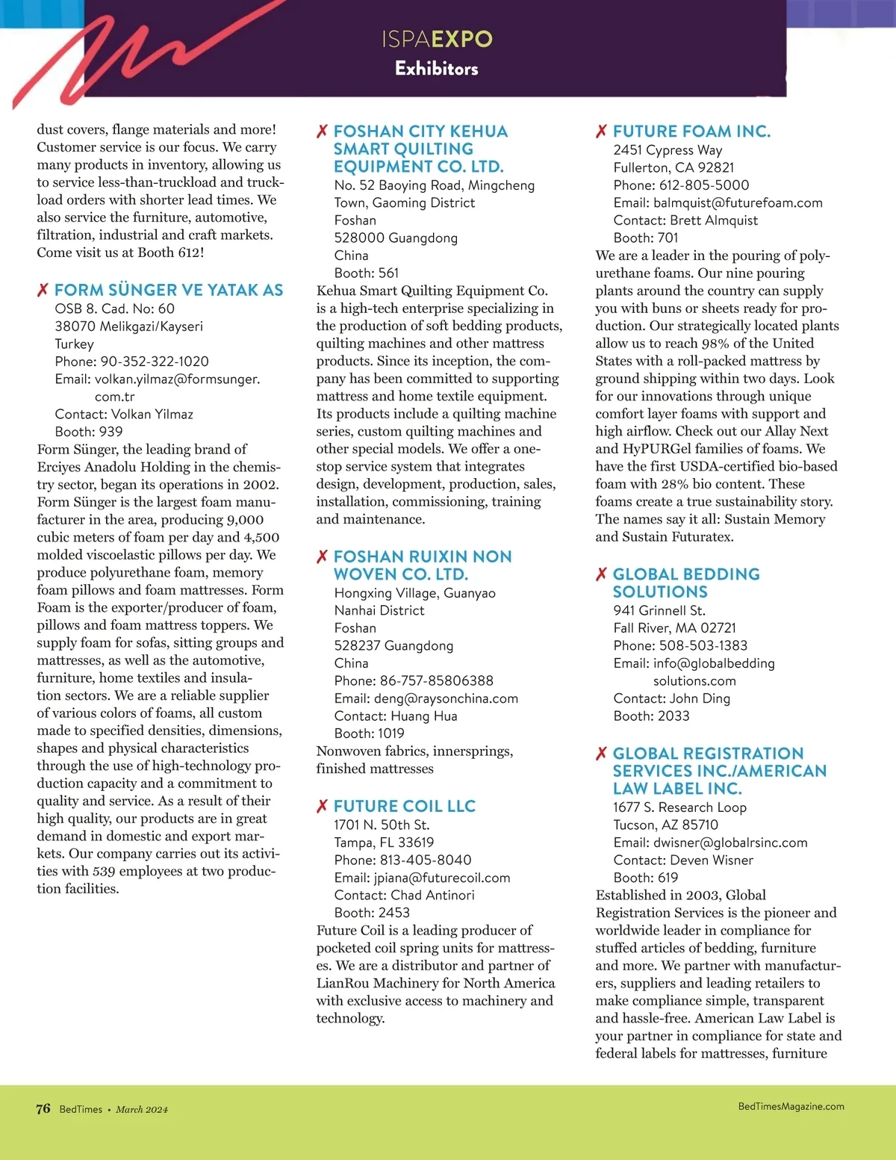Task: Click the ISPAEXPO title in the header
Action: point(437,39)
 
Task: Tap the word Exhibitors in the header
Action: point(437,69)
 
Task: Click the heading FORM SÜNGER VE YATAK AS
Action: point(169,290)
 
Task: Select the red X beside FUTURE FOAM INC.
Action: point(601,131)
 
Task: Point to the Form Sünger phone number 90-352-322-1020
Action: point(155,362)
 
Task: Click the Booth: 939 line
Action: point(89,432)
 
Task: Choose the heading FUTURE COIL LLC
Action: point(405,806)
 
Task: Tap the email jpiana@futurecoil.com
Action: point(442,878)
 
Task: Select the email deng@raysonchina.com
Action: point(446,698)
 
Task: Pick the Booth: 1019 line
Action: point(370,733)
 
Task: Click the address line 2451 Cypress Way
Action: point(668,150)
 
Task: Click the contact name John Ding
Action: point(700,698)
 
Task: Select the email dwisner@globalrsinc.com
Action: point(730,843)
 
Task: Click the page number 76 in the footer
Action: point(43,1108)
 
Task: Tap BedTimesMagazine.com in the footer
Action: point(791,1106)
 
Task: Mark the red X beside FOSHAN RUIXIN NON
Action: point(322,556)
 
